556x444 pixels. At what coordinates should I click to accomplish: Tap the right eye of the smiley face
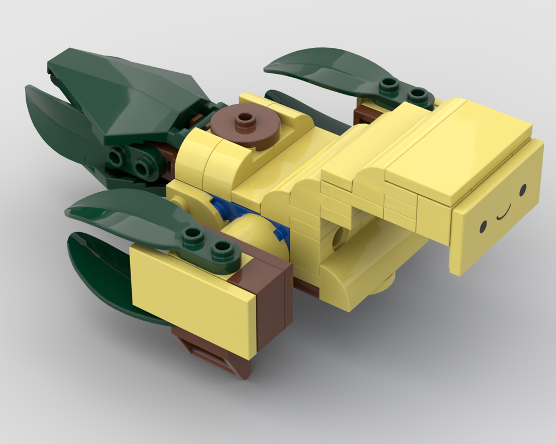pos(523,190)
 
